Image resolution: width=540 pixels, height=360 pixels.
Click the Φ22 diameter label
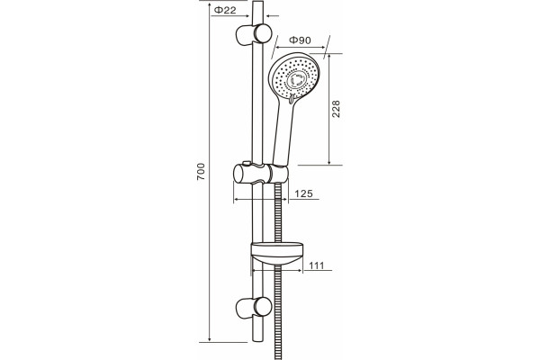tap(225, 10)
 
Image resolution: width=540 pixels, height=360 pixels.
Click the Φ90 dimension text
tap(300, 40)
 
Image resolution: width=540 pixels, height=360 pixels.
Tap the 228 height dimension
tap(336, 109)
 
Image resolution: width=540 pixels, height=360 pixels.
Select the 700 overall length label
tap(201, 172)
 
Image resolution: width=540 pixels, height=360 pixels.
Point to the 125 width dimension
tap(304, 193)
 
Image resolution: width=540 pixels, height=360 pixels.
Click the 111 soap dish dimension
tap(317, 265)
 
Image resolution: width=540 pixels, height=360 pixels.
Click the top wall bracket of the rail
tap(254, 34)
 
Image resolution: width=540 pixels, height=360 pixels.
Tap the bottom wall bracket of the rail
tap(254, 308)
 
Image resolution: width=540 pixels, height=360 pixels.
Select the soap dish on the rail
tap(277, 254)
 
